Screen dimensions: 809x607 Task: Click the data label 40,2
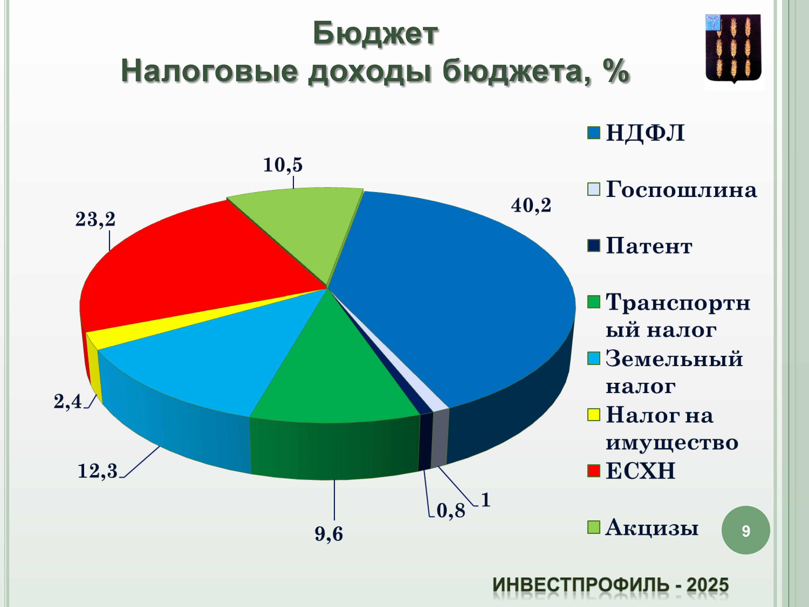pyautogui.click(x=531, y=206)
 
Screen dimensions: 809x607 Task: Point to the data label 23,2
pyautogui.click(x=95, y=220)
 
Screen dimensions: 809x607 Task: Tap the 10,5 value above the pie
pyautogui.click(x=283, y=165)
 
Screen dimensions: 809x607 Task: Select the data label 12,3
pyautogui.click(x=98, y=471)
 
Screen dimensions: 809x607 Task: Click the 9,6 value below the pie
pyautogui.click(x=329, y=534)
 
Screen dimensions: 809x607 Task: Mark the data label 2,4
pyautogui.click(x=68, y=402)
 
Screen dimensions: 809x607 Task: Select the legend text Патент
pyautogui.click(x=649, y=246)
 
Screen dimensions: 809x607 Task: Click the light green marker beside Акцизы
pyautogui.click(x=594, y=527)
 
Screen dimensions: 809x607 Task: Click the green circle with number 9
pyautogui.click(x=746, y=530)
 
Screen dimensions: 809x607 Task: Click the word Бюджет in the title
pyautogui.click(x=375, y=34)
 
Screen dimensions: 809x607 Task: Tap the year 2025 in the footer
pyautogui.click(x=707, y=585)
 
